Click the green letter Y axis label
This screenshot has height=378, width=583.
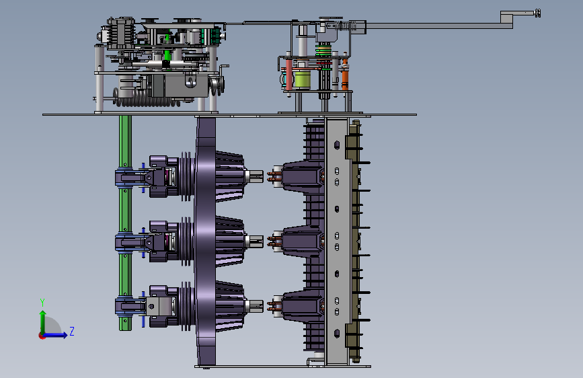[x=42, y=303]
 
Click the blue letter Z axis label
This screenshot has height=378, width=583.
[x=72, y=331]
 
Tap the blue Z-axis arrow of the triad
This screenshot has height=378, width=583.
[x=56, y=335]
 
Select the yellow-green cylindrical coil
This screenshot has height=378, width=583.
[x=303, y=79]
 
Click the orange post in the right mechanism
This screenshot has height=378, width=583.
[x=345, y=74]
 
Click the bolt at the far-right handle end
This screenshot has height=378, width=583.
[x=537, y=13]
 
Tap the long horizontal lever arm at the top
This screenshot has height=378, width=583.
[x=438, y=26]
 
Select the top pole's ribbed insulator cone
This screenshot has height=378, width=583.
[x=229, y=176]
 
